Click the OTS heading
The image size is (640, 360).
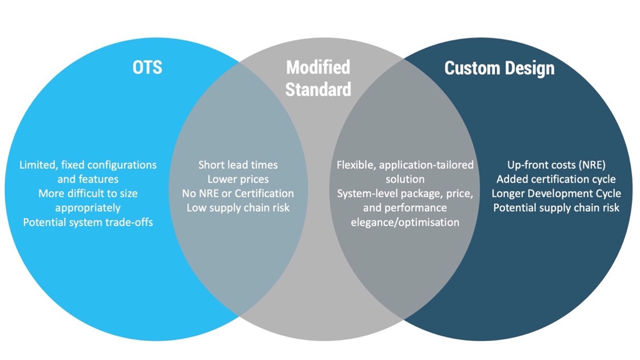(147, 67)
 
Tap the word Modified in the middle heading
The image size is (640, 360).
(318, 67)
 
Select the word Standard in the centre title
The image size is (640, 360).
(318, 89)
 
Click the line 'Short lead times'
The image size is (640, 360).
(238, 165)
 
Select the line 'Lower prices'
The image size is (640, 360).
(238, 179)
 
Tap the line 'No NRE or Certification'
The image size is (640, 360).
(238, 194)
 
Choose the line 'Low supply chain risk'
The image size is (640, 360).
(238, 208)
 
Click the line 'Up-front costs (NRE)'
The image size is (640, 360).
(556, 165)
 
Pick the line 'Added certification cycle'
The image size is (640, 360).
(556, 179)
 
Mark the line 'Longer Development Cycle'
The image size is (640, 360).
(556, 194)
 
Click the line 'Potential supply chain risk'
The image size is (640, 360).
(556, 208)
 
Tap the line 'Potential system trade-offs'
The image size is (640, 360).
(88, 222)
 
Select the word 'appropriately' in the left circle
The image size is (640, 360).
(88, 208)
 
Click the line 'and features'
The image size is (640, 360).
(88, 179)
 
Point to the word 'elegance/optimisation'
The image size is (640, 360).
(405, 222)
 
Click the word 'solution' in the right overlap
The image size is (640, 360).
(405, 179)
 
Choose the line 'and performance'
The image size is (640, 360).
(405, 208)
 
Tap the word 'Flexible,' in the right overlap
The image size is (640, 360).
(356, 165)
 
